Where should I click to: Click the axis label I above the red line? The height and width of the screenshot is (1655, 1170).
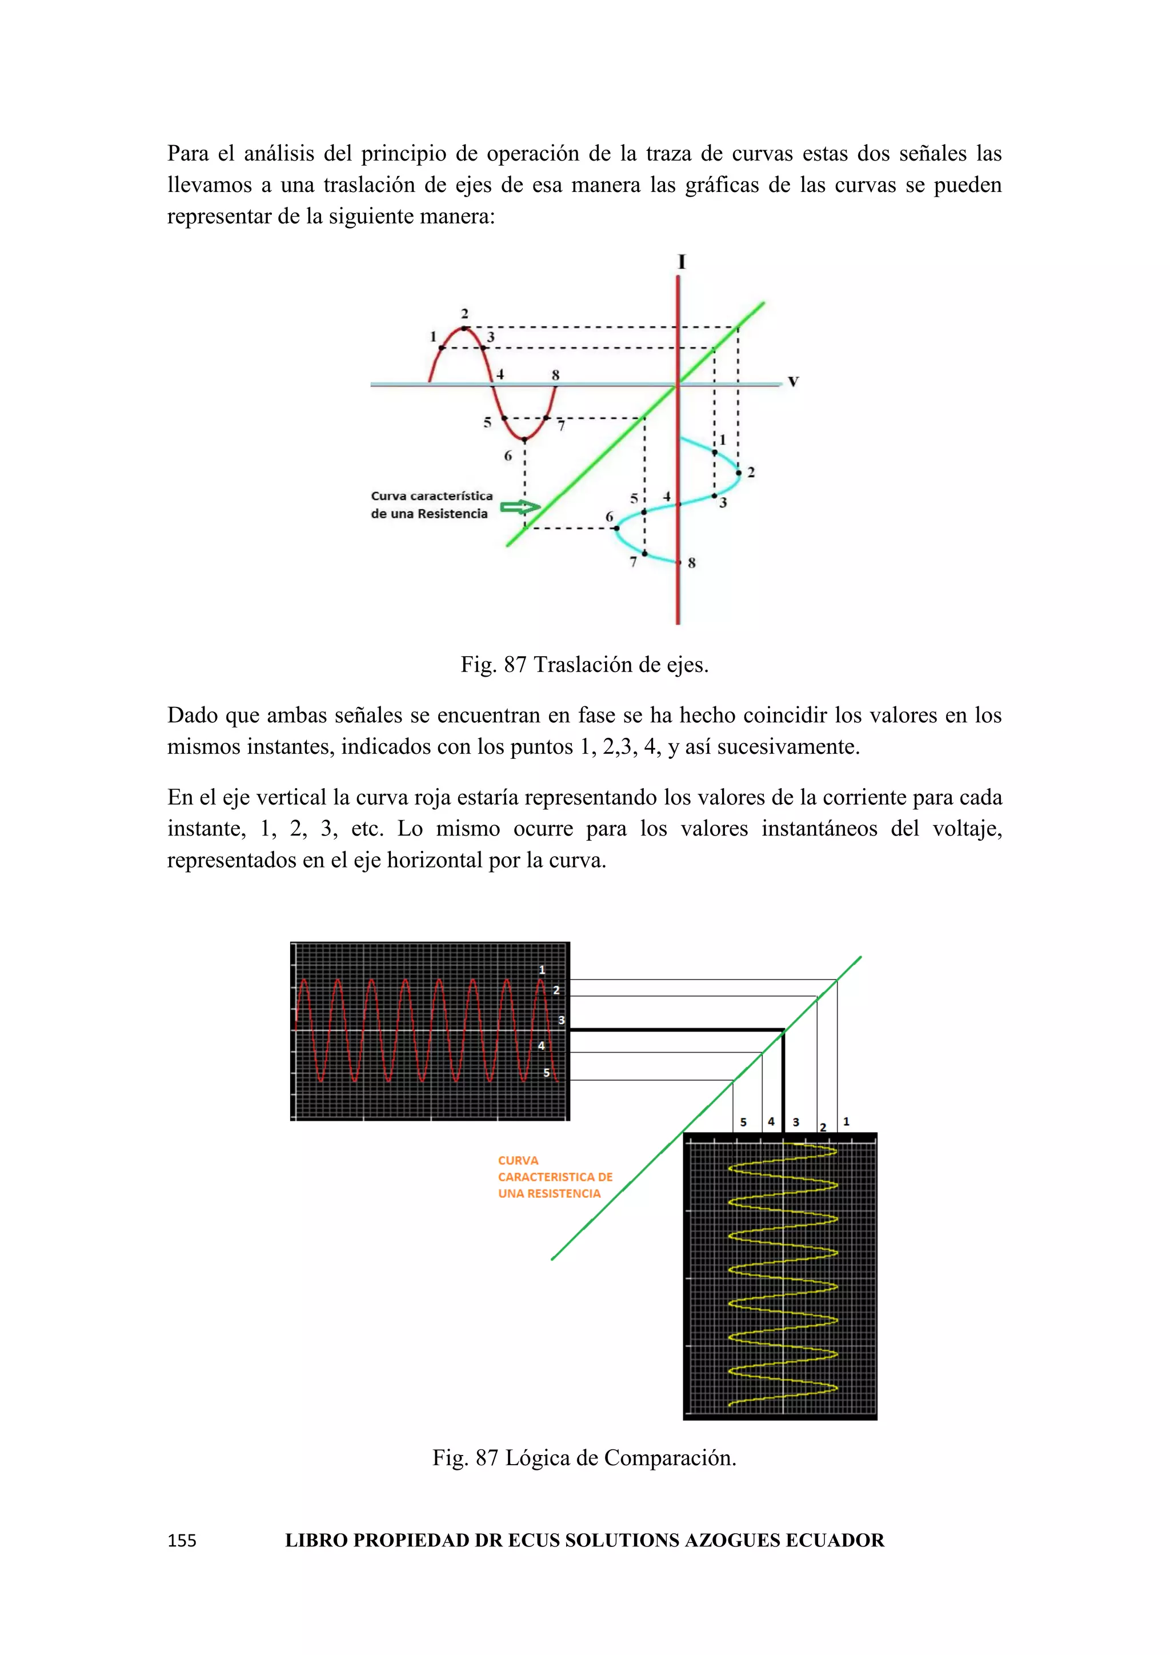pos(682,262)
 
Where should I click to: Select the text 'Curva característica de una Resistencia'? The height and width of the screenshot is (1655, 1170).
pos(431,505)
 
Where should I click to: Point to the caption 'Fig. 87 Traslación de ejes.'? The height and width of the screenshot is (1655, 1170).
pos(584,665)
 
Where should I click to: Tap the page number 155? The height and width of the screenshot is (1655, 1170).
pos(182,1540)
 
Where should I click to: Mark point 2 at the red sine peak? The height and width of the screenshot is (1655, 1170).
pos(464,329)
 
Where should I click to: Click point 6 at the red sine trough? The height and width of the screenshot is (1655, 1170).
pos(524,439)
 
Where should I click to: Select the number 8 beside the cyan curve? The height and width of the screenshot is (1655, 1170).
pos(692,563)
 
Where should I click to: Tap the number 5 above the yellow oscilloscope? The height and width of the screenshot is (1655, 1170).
pos(743,1122)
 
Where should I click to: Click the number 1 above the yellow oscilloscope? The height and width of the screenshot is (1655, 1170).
pos(847,1122)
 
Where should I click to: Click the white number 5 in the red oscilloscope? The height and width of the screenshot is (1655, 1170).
pos(547,1073)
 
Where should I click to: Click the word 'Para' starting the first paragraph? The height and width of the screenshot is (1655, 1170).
pos(190,154)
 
